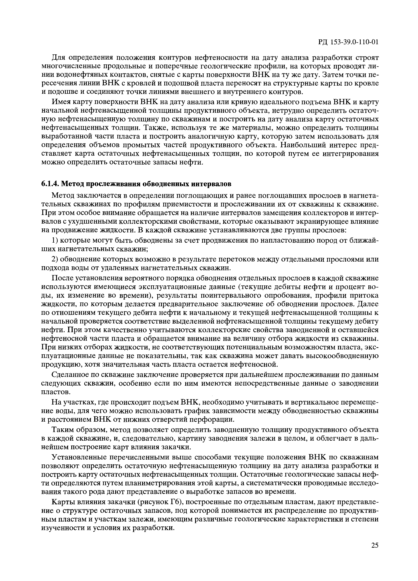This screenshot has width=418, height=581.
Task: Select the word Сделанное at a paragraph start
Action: click(68, 375)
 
